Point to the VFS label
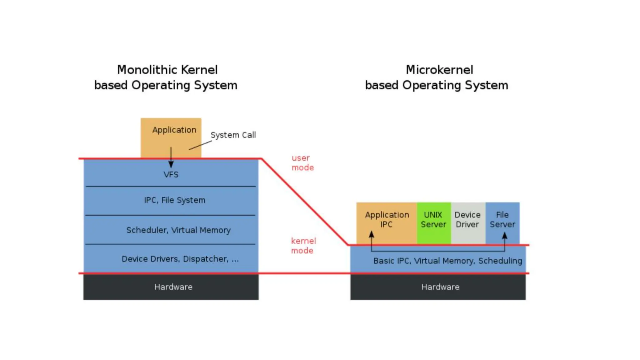click(x=171, y=175)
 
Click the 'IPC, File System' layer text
click(x=174, y=200)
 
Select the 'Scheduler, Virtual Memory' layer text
click(x=178, y=230)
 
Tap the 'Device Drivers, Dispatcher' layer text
click(x=180, y=259)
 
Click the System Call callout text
click(x=233, y=135)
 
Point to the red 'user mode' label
click(x=302, y=163)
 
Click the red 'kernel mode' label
click(x=303, y=246)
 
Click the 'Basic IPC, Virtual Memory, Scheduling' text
click(x=447, y=261)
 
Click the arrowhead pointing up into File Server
click(x=504, y=236)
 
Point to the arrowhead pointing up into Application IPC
click(x=371, y=235)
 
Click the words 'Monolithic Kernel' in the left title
click(x=167, y=70)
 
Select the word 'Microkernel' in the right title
click(x=439, y=70)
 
